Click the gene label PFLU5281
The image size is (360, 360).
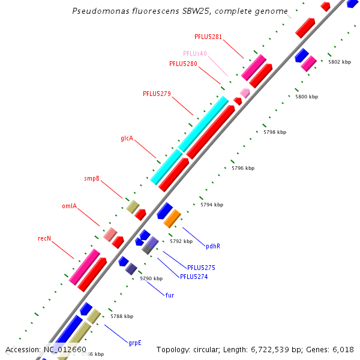click(x=208, y=37)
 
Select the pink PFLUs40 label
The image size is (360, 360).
click(x=195, y=53)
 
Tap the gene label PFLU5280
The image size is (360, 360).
click(x=183, y=64)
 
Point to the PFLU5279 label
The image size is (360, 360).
click(x=157, y=94)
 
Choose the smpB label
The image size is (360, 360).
click(x=92, y=179)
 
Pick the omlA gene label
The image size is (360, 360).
click(x=69, y=206)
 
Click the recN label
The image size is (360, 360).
click(x=44, y=239)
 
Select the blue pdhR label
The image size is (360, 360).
click(x=213, y=246)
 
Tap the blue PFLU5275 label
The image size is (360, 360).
click(x=201, y=268)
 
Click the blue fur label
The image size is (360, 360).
click(x=169, y=295)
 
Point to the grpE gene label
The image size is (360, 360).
click(x=134, y=343)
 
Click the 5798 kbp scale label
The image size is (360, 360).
click(x=275, y=132)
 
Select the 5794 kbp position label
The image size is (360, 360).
click(x=212, y=205)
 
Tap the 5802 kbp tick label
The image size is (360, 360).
click(x=339, y=62)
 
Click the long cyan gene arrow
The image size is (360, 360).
click(x=189, y=140)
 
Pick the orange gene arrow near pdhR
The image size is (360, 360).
click(x=172, y=218)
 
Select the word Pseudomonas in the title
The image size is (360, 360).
click(x=95, y=11)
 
